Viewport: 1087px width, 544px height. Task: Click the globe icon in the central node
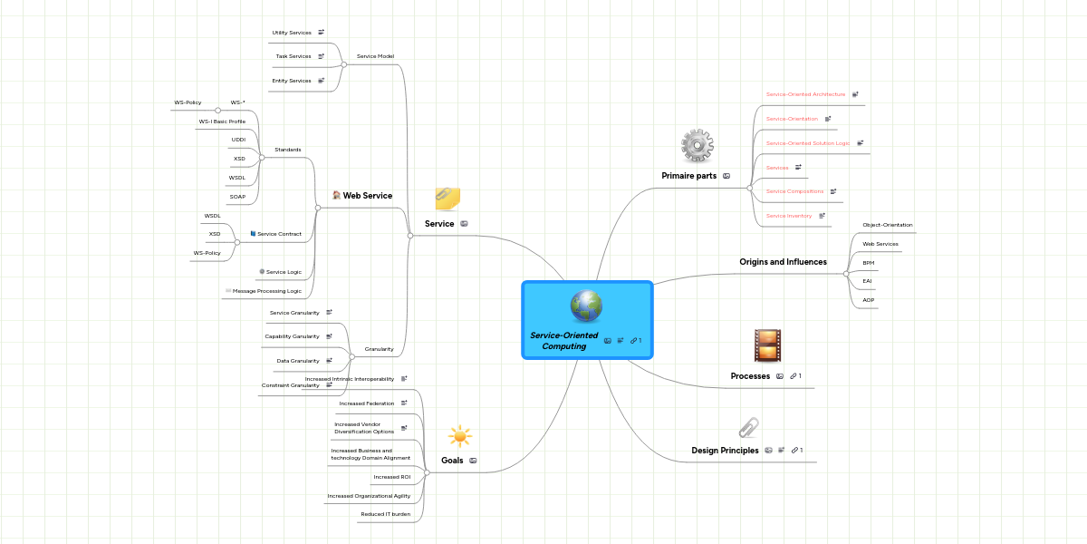586,307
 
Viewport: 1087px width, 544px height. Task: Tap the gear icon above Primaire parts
697,147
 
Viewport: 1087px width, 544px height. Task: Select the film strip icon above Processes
766,346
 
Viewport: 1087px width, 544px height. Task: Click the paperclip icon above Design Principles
748,427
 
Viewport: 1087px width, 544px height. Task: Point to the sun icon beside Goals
459,436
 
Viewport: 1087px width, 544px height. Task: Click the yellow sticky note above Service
447,199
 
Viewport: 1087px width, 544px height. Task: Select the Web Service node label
367,196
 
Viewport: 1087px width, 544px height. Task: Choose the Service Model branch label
375,56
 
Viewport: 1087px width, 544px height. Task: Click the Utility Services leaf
292,33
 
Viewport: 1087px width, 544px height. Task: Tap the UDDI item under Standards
238,140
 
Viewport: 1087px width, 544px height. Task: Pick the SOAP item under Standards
237,197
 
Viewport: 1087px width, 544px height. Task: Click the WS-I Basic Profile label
222,121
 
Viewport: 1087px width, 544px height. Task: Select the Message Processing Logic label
267,291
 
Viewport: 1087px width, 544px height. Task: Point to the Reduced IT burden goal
385,514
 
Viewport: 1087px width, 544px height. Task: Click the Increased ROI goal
391,477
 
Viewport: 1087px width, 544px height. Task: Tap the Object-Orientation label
887,225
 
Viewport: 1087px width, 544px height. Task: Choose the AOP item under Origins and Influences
868,300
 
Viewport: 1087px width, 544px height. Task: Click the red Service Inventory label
788,216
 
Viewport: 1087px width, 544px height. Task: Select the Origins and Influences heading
783,262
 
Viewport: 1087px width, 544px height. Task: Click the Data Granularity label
298,361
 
